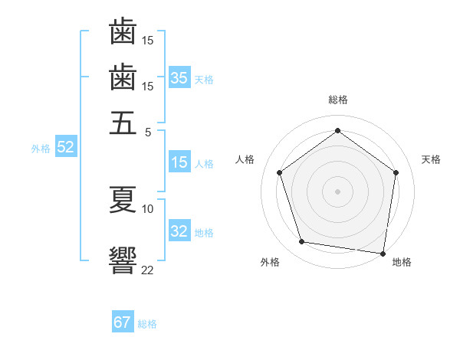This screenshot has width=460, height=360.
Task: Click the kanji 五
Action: click(123, 123)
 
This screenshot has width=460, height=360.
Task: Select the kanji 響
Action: click(123, 259)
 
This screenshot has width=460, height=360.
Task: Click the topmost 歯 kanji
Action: click(123, 32)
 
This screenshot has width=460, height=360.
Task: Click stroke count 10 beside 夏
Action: click(148, 208)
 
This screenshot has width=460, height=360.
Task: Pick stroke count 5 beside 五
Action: click(148, 132)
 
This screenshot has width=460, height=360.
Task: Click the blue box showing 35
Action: click(179, 78)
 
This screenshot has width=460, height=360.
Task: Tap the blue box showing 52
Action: click(65, 148)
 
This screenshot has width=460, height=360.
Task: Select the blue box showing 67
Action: click(122, 322)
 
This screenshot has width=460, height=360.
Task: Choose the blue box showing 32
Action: click(179, 231)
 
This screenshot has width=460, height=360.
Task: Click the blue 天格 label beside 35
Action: click(204, 79)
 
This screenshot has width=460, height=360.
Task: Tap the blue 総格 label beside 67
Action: click(147, 323)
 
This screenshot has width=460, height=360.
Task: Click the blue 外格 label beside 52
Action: click(41, 149)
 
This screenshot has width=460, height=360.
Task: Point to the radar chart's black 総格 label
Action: click(337, 100)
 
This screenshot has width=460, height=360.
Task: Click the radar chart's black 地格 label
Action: click(402, 262)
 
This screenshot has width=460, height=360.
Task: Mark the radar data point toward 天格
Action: click(396, 172)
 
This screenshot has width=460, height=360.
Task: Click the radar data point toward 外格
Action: click(302, 242)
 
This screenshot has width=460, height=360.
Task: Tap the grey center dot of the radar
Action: click(337, 191)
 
